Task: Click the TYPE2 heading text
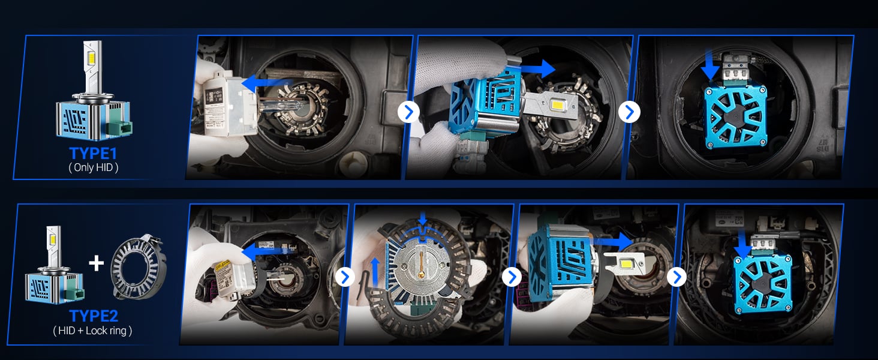(x=93, y=316)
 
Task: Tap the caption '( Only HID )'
(x=93, y=167)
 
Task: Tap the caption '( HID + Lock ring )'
(x=93, y=331)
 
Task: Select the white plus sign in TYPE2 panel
(x=96, y=263)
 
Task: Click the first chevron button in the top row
(x=408, y=112)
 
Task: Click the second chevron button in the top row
(x=629, y=112)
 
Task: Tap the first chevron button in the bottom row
(x=345, y=277)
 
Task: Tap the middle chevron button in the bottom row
(x=511, y=277)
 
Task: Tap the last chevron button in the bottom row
(x=676, y=277)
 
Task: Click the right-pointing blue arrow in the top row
(x=537, y=68)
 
